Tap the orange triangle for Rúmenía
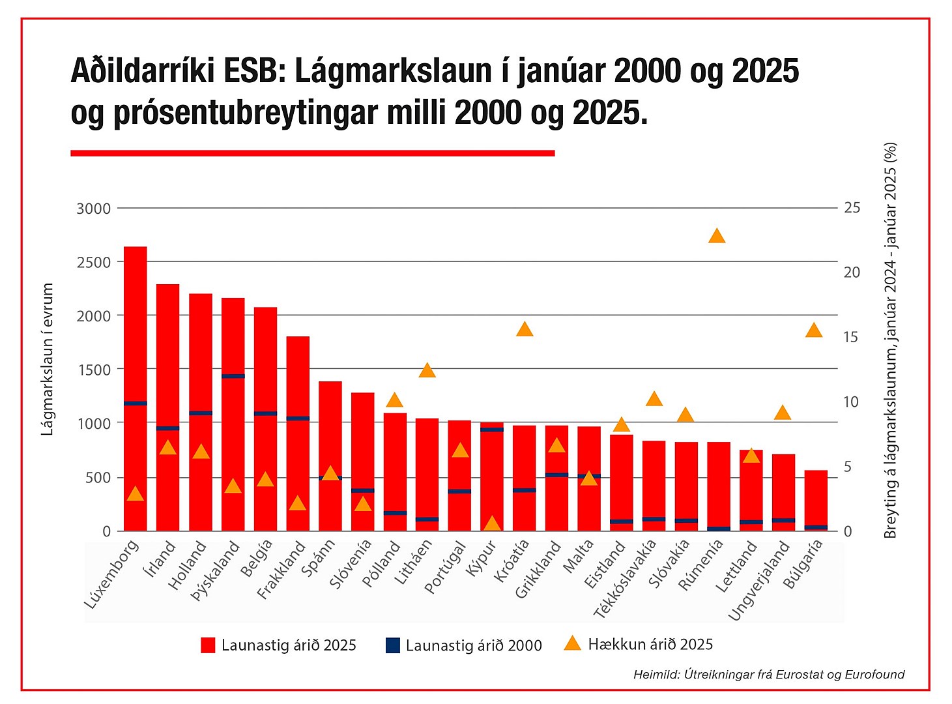click(717, 236)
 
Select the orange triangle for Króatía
click(525, 329)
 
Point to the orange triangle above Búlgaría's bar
click(814, 330)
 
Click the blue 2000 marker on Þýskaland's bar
click(233, 376)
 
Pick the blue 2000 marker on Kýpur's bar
click(492, 430)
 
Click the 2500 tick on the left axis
click(94, 262)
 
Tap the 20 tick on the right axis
click(852, 272)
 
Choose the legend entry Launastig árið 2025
click(279, 645)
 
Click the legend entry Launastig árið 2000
click(464, 645)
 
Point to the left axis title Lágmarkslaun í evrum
click(47, 359)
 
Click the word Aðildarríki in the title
click(142, 70)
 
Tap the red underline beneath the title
click(312, 153)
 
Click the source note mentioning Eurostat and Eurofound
click(769, 675)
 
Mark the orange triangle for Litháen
click(427, 370)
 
